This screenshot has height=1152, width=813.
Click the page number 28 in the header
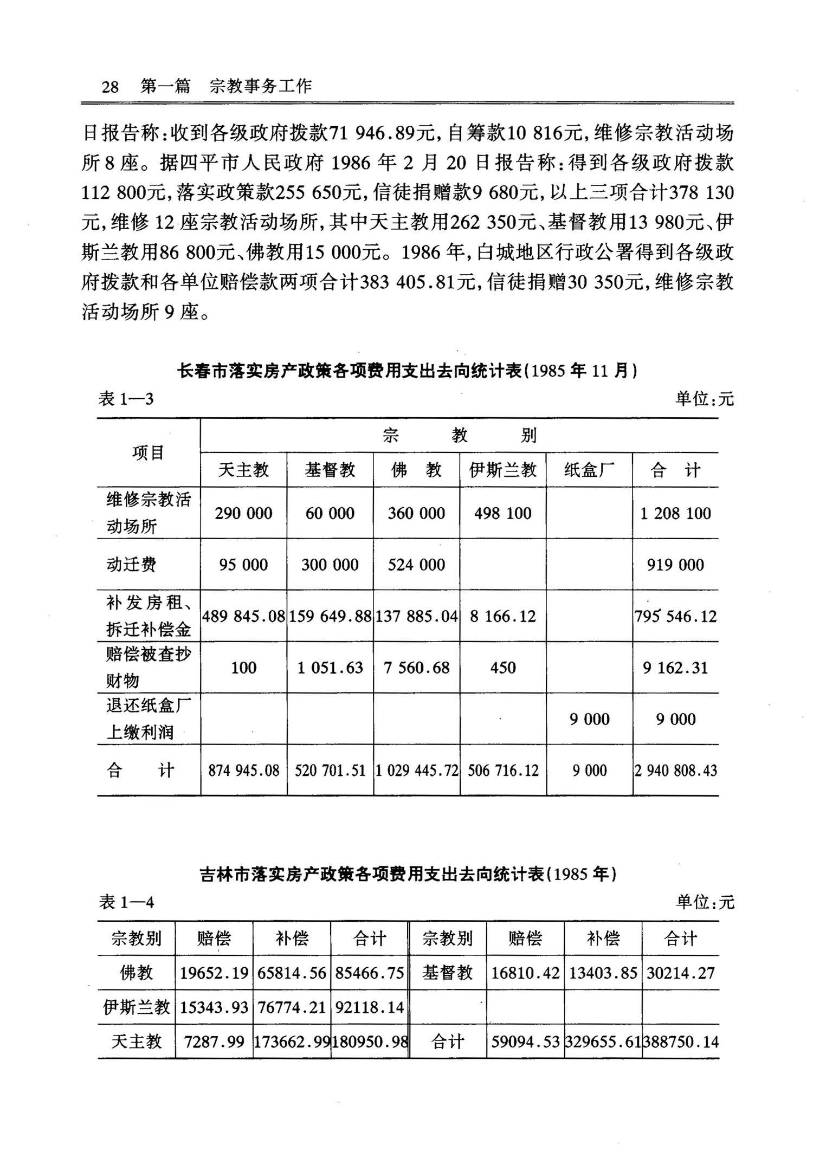tap(110, 86)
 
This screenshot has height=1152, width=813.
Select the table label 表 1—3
tap(126, 399)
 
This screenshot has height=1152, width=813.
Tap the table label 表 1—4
tap(126, 902)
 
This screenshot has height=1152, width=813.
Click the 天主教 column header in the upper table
tap(243, 469)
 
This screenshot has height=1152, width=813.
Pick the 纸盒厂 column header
tap(589, 469)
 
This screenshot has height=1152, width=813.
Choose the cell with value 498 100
tap(502, 513)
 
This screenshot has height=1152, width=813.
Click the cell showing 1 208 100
tap(675, 513)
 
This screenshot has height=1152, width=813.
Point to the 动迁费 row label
tap(131, 565)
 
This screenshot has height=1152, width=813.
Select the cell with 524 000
tap(416, 565)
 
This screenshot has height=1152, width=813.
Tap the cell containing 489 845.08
tap(243, 616)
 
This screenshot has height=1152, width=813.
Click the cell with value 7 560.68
tap(416, 668)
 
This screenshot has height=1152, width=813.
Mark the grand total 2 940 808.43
tap(675, 771)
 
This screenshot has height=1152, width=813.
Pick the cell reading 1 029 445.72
tap(416, 771)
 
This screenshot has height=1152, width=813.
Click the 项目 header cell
tap(148, 452)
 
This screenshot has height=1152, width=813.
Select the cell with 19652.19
tap(214, 973)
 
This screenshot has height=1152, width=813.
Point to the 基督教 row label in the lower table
tap(447, 973)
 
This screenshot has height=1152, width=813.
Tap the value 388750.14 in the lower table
tap(681, 1041)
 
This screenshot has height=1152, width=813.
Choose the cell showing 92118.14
tap(370, 1007)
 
